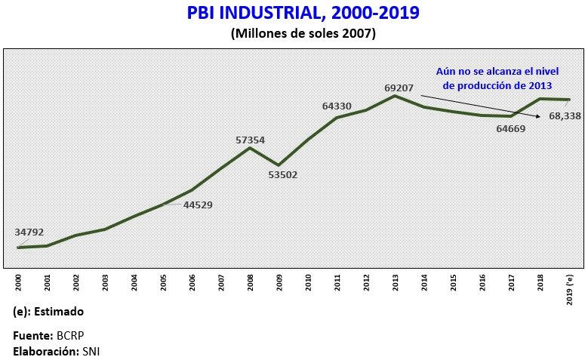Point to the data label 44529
tap(198, 205)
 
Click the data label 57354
tap(249, 140)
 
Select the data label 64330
tap(337, 106)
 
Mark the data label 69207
tap(399, 88)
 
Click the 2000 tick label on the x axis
tap(19, 283)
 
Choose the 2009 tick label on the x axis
tap(279, 283)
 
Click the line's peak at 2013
tap(395, 96)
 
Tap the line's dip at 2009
tap(279, 165)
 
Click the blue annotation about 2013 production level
tap(495, 78)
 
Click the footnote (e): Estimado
tap(49, 312)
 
